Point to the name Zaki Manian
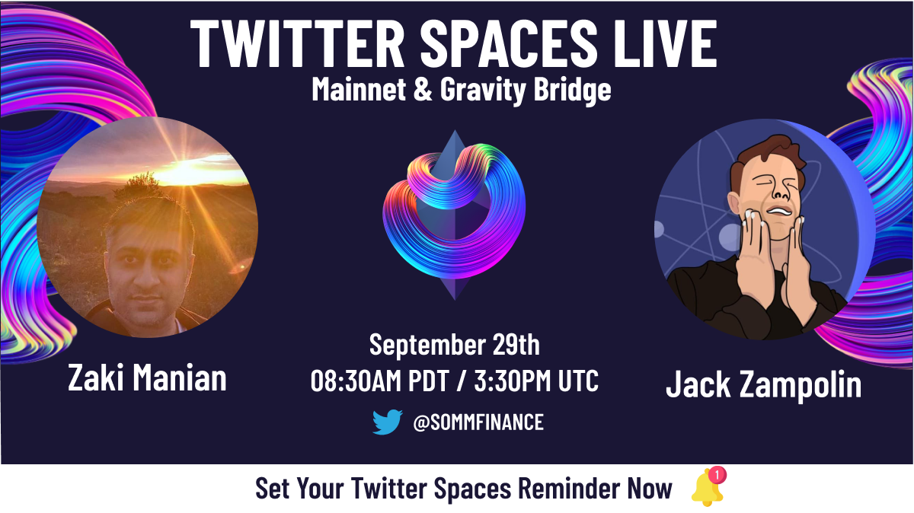tap(147, 378)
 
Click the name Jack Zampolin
tap(763, 384)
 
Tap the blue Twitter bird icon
tap(387, 422)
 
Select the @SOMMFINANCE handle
tap(478, 422)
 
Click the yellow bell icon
tap(707, 489)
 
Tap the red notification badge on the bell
tap(717, 475)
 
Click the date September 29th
tap(454, 345)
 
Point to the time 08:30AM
tap(359, 381)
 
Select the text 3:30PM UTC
tap(536, 381)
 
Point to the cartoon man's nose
tap(780, 192)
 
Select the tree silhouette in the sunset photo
tap(139, 185)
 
